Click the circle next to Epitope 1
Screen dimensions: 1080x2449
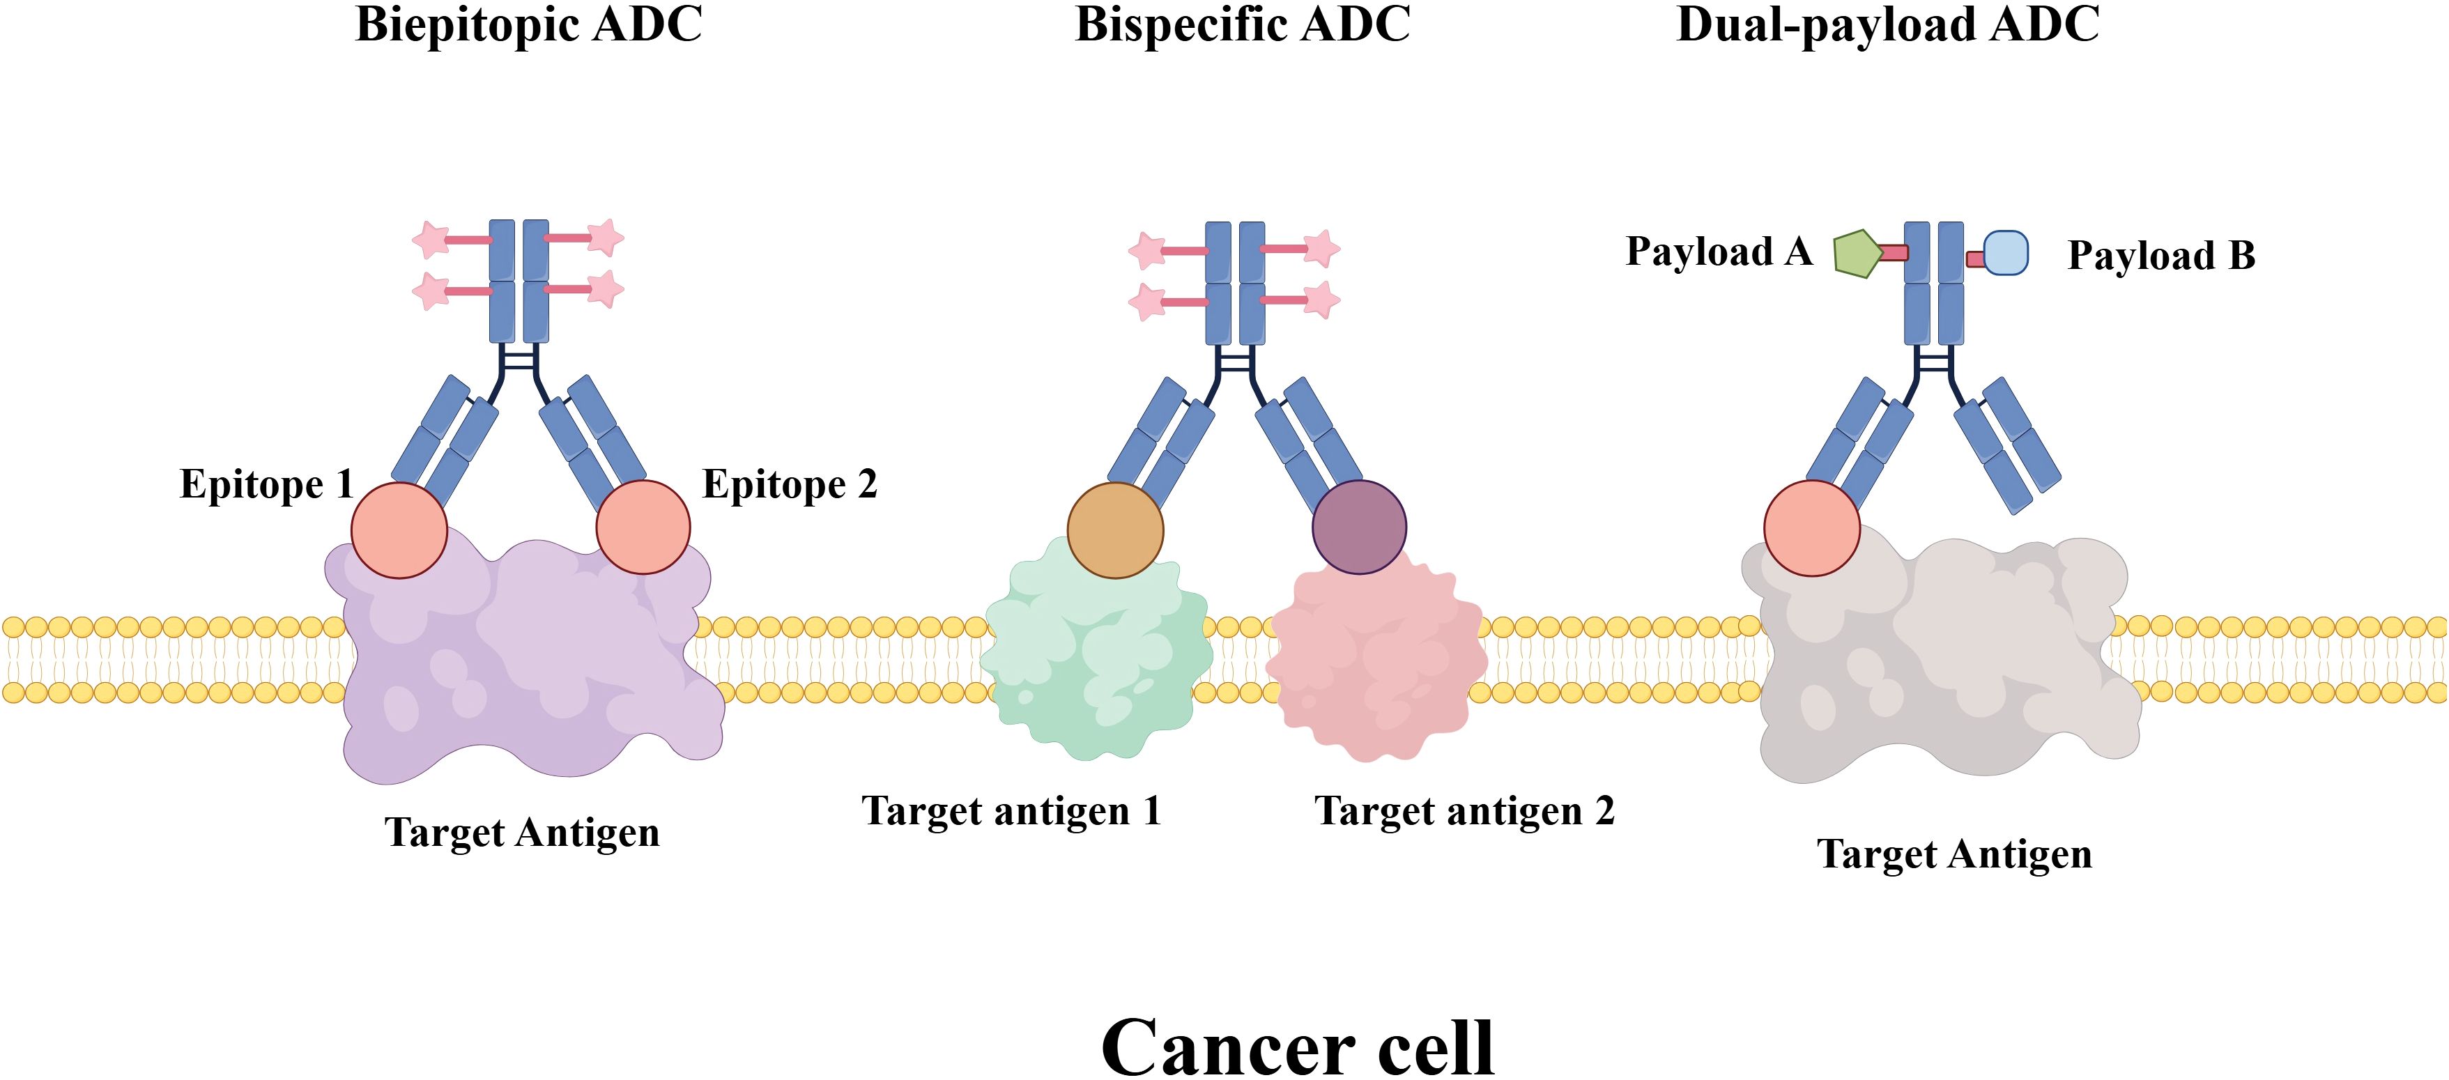(399, 530)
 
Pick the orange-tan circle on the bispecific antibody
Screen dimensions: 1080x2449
(1115, 530)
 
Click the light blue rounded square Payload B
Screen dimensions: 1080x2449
(2006, 253)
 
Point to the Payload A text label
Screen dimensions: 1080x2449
(1719, 252)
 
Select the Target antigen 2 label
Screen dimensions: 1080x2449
(1464, 811)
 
